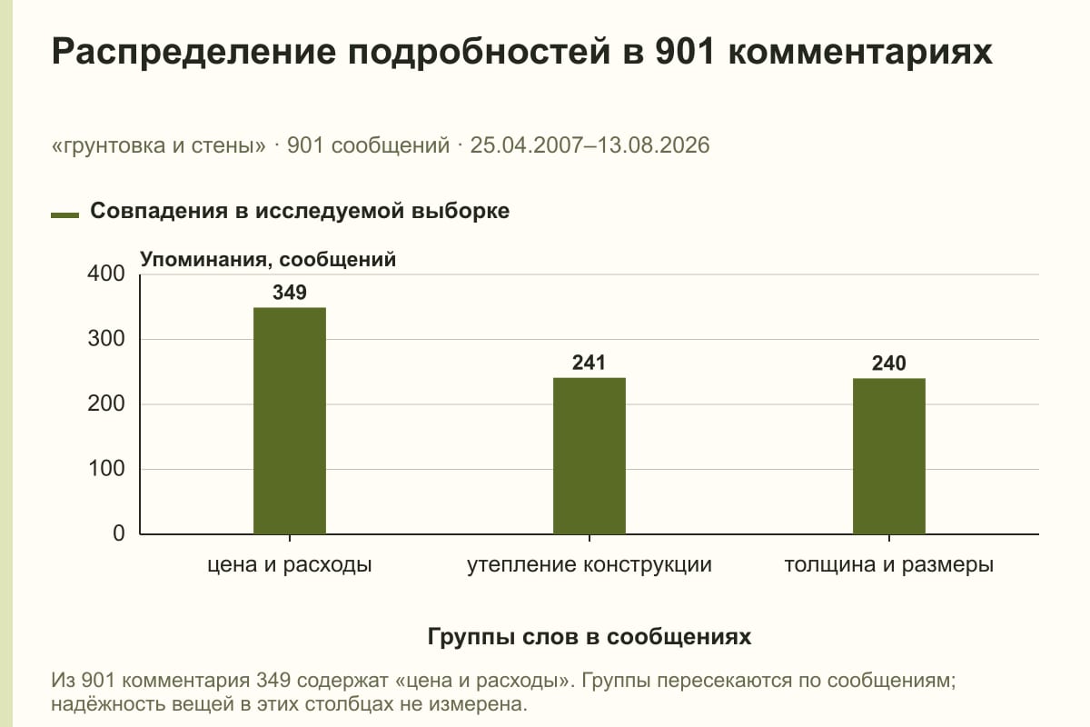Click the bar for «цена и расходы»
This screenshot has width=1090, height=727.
tap(290, 421)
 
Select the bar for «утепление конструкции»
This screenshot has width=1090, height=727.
tap(590, 456)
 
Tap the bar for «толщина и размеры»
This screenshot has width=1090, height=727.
tap(889, 456)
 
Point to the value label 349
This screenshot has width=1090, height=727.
tap(290, 293)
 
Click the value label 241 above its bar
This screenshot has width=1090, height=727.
tap(589, 363)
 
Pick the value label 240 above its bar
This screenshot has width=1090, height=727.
tap(889, 363)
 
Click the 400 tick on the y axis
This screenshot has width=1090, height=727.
tap(106, 274)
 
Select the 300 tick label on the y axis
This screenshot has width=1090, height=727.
tap(106, 339)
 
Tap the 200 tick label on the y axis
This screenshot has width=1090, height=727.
tap(106, 403)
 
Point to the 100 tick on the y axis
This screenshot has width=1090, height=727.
tap(106, 468)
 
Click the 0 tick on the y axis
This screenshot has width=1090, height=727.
tap(119, 533)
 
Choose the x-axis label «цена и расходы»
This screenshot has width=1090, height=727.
tap(290, 565)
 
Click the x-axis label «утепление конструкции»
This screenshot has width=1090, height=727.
tap(590, 565)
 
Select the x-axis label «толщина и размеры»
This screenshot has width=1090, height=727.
tap(889, 565)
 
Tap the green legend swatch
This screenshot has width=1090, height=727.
tap(64, 215)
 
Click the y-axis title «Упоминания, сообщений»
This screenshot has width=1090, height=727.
tap(268, 260)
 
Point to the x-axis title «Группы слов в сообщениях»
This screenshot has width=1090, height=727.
tap(590, 636)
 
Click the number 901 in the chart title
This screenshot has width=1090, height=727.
tap(685, 51)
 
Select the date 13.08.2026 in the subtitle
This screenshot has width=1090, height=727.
tap(653, 145)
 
